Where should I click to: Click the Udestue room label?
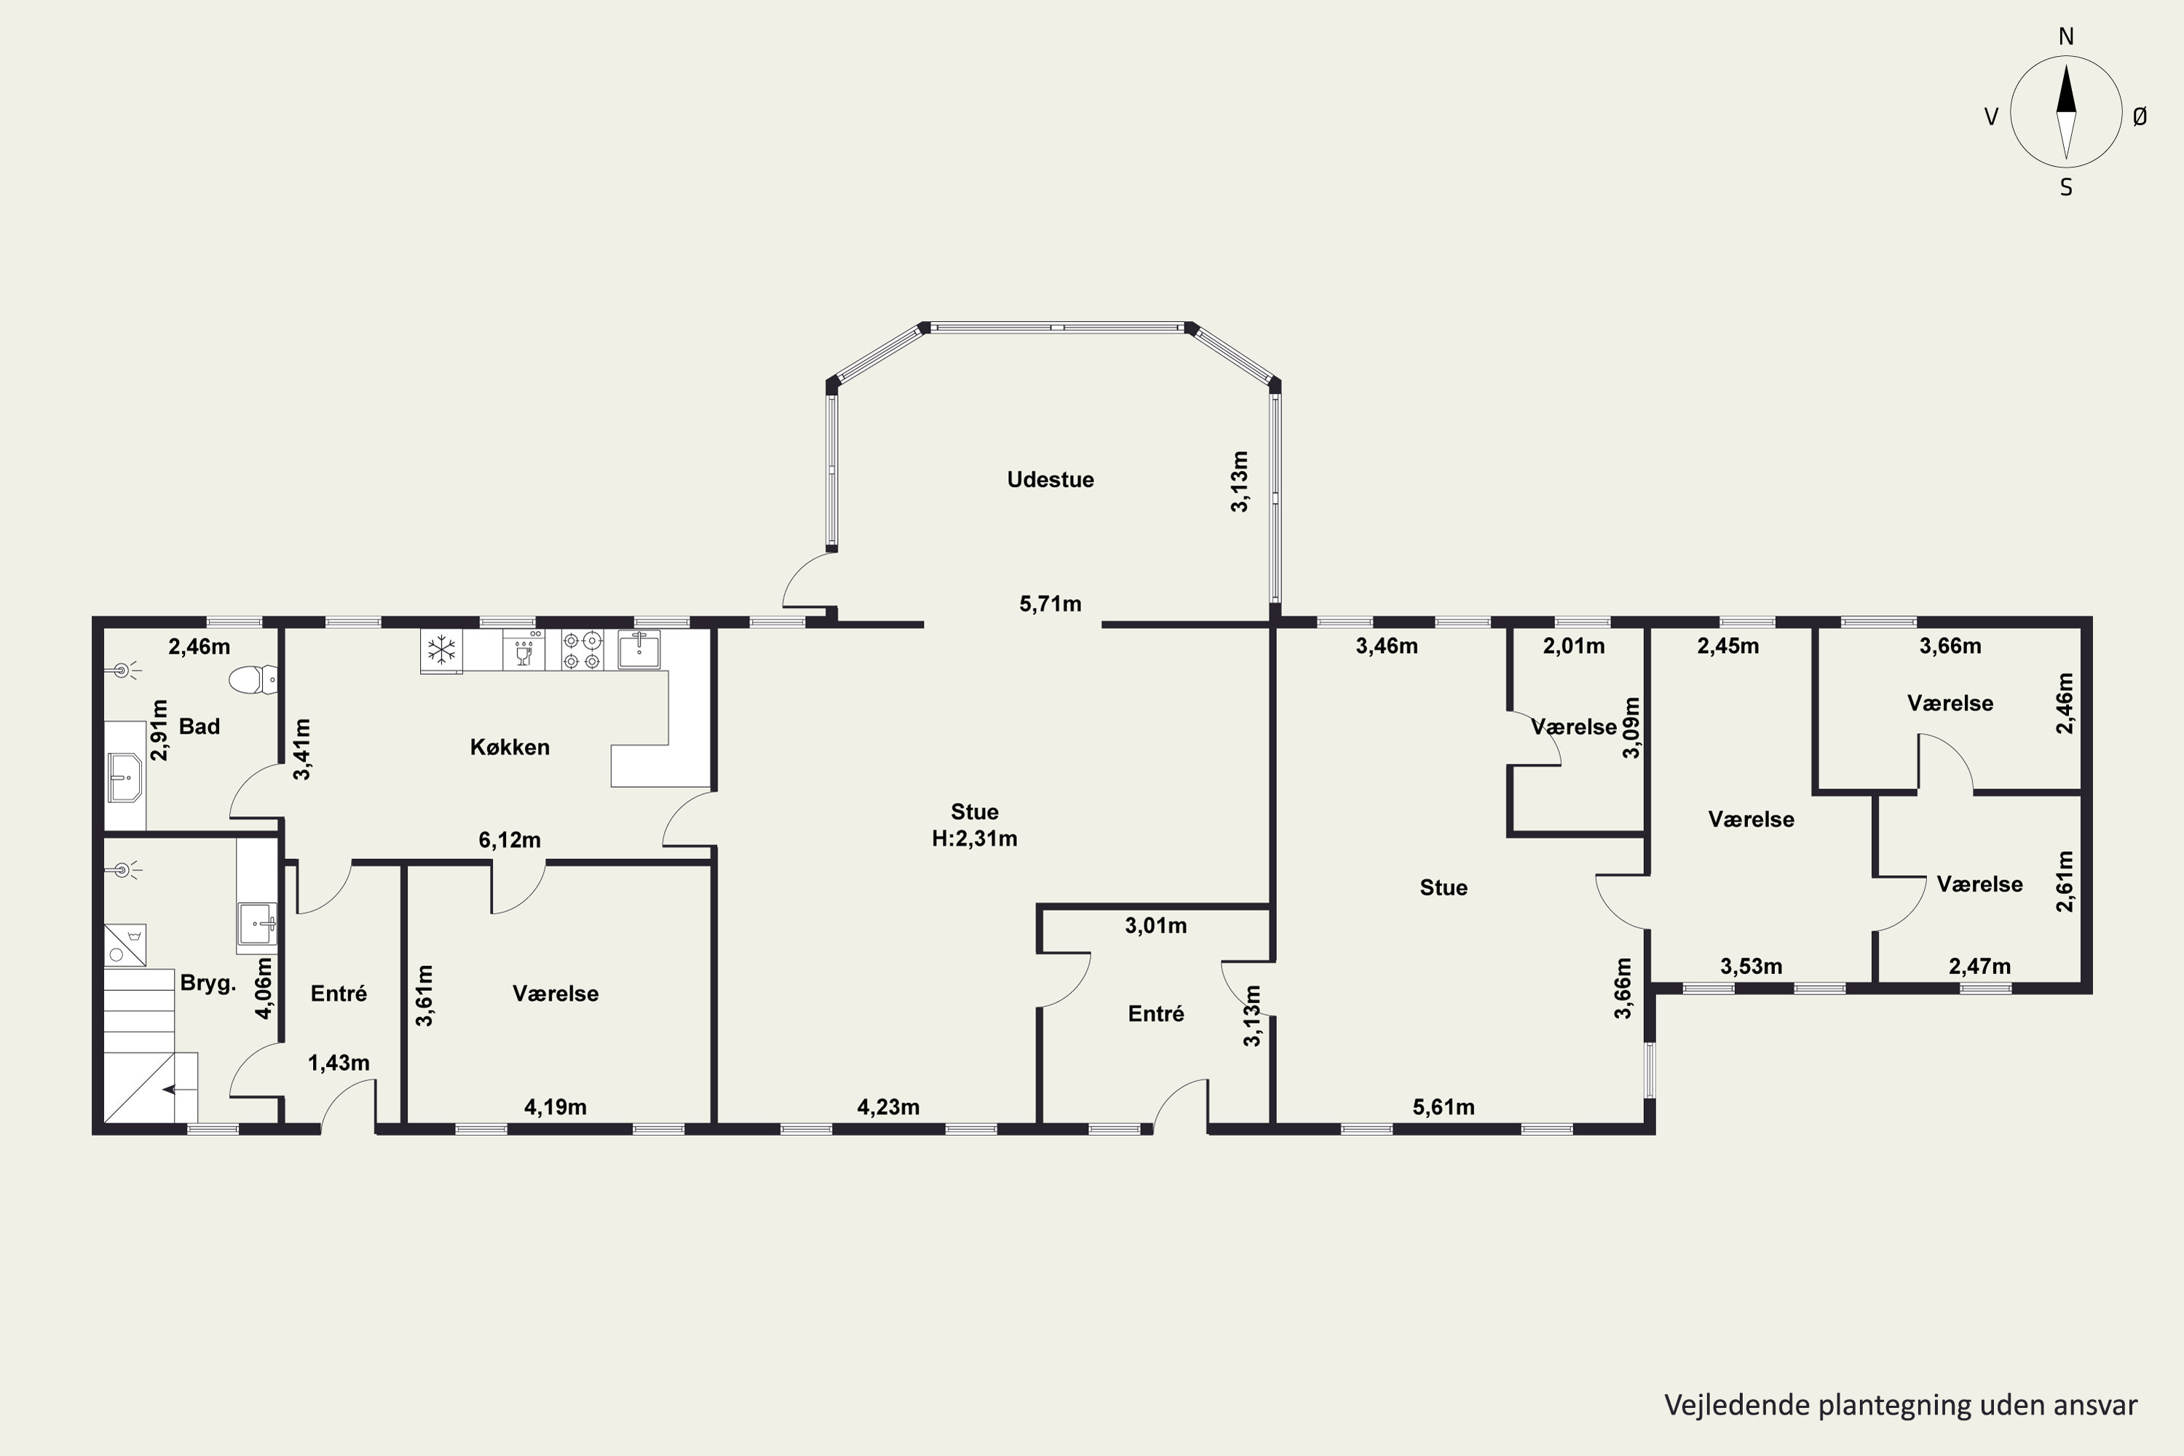pos(1051,479)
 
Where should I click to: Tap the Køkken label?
pos(510,747)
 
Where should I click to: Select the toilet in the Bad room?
pos(253,680)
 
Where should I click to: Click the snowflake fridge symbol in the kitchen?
pos(441,650)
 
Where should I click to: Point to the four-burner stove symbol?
pos(582,650)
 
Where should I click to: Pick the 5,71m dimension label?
pos(1051,604)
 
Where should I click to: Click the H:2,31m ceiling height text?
pos(974,839)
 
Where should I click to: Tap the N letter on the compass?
pos(2066,36)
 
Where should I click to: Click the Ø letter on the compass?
pos(2140,116)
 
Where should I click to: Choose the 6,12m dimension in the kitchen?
pos(510,840)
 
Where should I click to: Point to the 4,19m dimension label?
pos(555,1107)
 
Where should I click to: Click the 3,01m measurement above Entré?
pos(1156,926)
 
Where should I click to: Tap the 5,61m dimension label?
pos(1444,1107)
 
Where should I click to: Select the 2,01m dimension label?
pos(1574,646)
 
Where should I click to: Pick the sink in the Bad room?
pos(124,776)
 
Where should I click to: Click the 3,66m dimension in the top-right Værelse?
pos(1951,646)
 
